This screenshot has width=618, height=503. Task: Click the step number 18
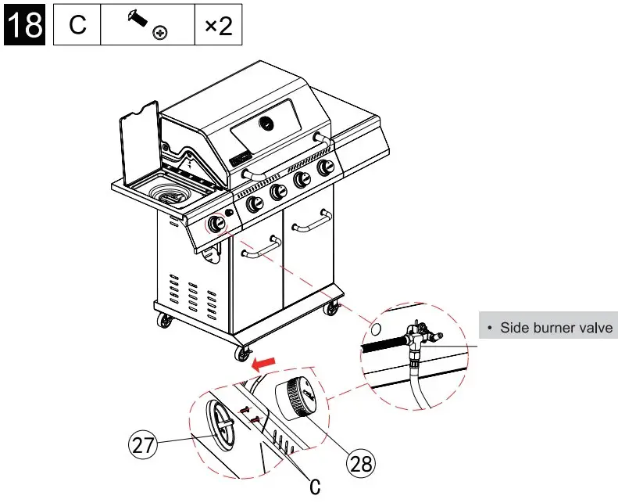pyautogui.click(x=24, y=25)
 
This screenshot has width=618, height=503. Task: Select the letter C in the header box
pyautogui.click(x=77, y=26)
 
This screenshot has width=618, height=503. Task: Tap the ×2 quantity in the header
pyautogui.click(x=218, y=26)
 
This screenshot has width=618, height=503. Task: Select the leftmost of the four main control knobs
pyautogui.click(x=255, y=204)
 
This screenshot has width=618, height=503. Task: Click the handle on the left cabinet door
pyautogui.click(x=263, y=248)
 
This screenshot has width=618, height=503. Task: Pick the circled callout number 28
pyautogui.click(x=360, y=464)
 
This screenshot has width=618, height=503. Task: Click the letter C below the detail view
pyautogui.click(x=315, y=487)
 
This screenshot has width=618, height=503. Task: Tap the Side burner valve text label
pyautogui.click(x=555, y=327)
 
